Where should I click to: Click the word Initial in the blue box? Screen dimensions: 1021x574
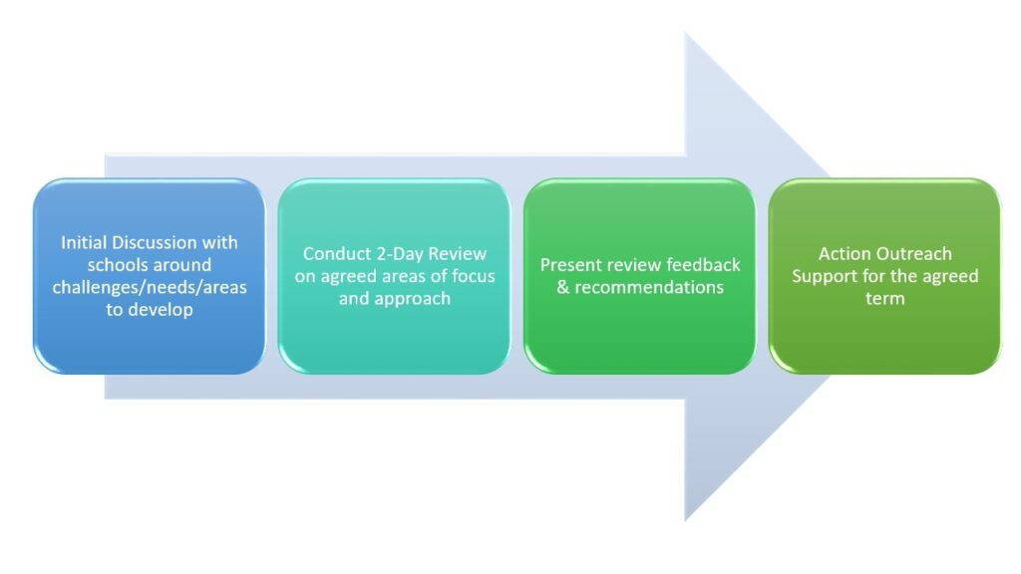[x=84, y=243]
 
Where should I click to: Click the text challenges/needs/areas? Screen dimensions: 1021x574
[x=150, y=288]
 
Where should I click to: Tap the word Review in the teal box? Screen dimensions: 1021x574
[x=457, y=254]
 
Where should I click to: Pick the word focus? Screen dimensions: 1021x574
[x=474, y=276]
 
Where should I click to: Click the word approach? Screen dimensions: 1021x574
[x=413, y=299]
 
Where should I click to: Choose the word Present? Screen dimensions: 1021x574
[x=566, y=265]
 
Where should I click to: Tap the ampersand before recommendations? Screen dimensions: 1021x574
[x=563, y=288]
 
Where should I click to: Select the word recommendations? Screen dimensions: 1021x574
[x=649, y=288]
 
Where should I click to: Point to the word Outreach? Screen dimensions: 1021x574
[x=911, y=254]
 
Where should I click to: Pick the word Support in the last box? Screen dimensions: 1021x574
[x=822, y=277]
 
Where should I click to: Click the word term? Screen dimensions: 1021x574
[x=885, y=299]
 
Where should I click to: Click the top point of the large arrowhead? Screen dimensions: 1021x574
[x=686, y=33]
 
